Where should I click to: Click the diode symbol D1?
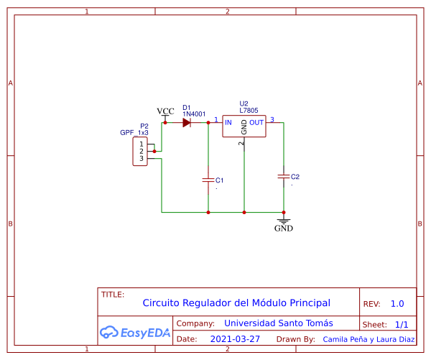tap(186, 123)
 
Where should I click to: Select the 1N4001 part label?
tap(194, 114)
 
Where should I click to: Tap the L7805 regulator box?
tap(244, 127)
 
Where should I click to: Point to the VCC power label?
tap(165, 111)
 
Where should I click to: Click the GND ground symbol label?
tap(284, 229)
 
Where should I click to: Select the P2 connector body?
tap(140, 152)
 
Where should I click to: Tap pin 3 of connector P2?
tap(142, 158)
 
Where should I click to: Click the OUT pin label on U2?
tap(256, 123)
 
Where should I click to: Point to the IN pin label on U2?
tap(228, 123)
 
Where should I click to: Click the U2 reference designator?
tap(244, 103)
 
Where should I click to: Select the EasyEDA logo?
tap(134, 332)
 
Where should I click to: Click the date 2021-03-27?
tap(235, 338)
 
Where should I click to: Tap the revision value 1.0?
tap(397, 304)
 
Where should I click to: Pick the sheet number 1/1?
tap(402, 325)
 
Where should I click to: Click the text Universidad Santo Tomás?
tap(279, 323)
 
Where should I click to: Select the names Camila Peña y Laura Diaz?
tap(369, 339)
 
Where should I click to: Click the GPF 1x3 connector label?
tap(134, 133)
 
